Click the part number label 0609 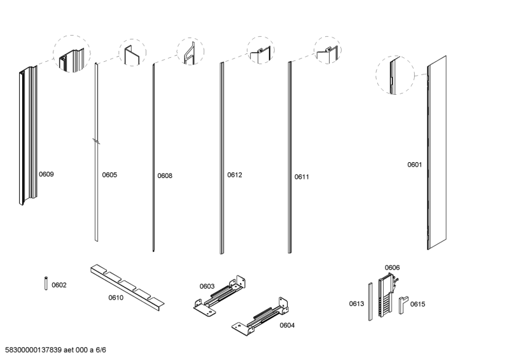46,174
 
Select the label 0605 109,175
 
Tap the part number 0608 165,176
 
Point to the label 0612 235,175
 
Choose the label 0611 302,177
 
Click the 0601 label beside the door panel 415,165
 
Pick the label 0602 59,285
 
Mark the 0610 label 115,297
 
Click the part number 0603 207,286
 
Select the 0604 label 287,325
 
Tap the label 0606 392,268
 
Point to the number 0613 356,304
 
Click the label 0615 417,304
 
